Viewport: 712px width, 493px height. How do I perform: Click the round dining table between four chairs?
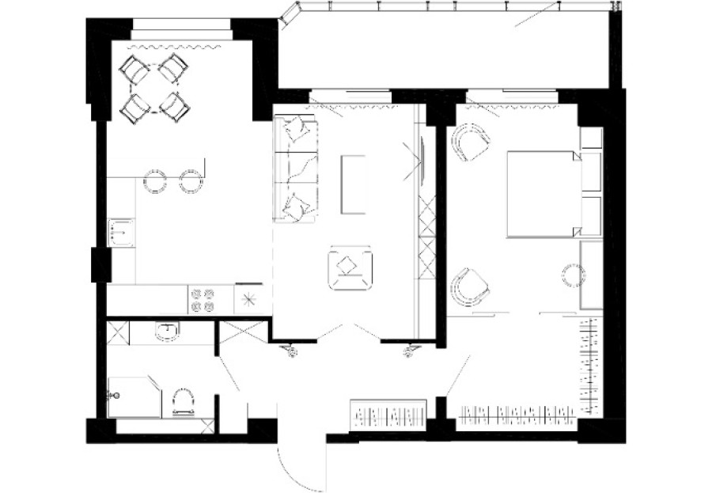[x=156, y=87]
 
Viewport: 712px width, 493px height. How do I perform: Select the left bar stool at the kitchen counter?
[x=155, y=180]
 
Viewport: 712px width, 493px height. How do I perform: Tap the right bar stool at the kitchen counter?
[x=190, y=180]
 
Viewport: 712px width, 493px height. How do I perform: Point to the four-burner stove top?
[x=203, y=299]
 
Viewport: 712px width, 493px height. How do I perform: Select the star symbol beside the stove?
[x=248, y=299]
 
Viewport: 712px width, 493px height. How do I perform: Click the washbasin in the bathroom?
[x=167, y=332]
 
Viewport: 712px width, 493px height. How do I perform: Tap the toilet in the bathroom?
[x=183, y=401]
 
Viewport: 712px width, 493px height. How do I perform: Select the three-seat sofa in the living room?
[x=294, y=169]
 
